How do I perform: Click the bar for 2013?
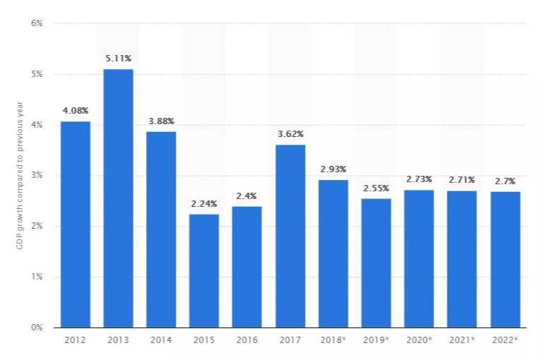118,198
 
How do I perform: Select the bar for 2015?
204,270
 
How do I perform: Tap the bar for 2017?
290,236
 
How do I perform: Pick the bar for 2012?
76,224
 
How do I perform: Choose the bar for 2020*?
419,258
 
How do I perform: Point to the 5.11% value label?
119,59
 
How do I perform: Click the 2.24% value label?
204,204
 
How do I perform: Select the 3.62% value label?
290,134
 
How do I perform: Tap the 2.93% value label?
333,169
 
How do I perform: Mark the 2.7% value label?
505,181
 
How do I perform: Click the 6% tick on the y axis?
37,23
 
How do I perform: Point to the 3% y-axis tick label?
37,175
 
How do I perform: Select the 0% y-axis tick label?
37,328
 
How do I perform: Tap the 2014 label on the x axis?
161,340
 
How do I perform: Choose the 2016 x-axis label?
247,340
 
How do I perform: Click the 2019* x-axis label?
376,340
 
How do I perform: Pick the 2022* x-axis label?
505,340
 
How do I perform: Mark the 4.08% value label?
76,111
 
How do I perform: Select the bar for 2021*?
462,259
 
